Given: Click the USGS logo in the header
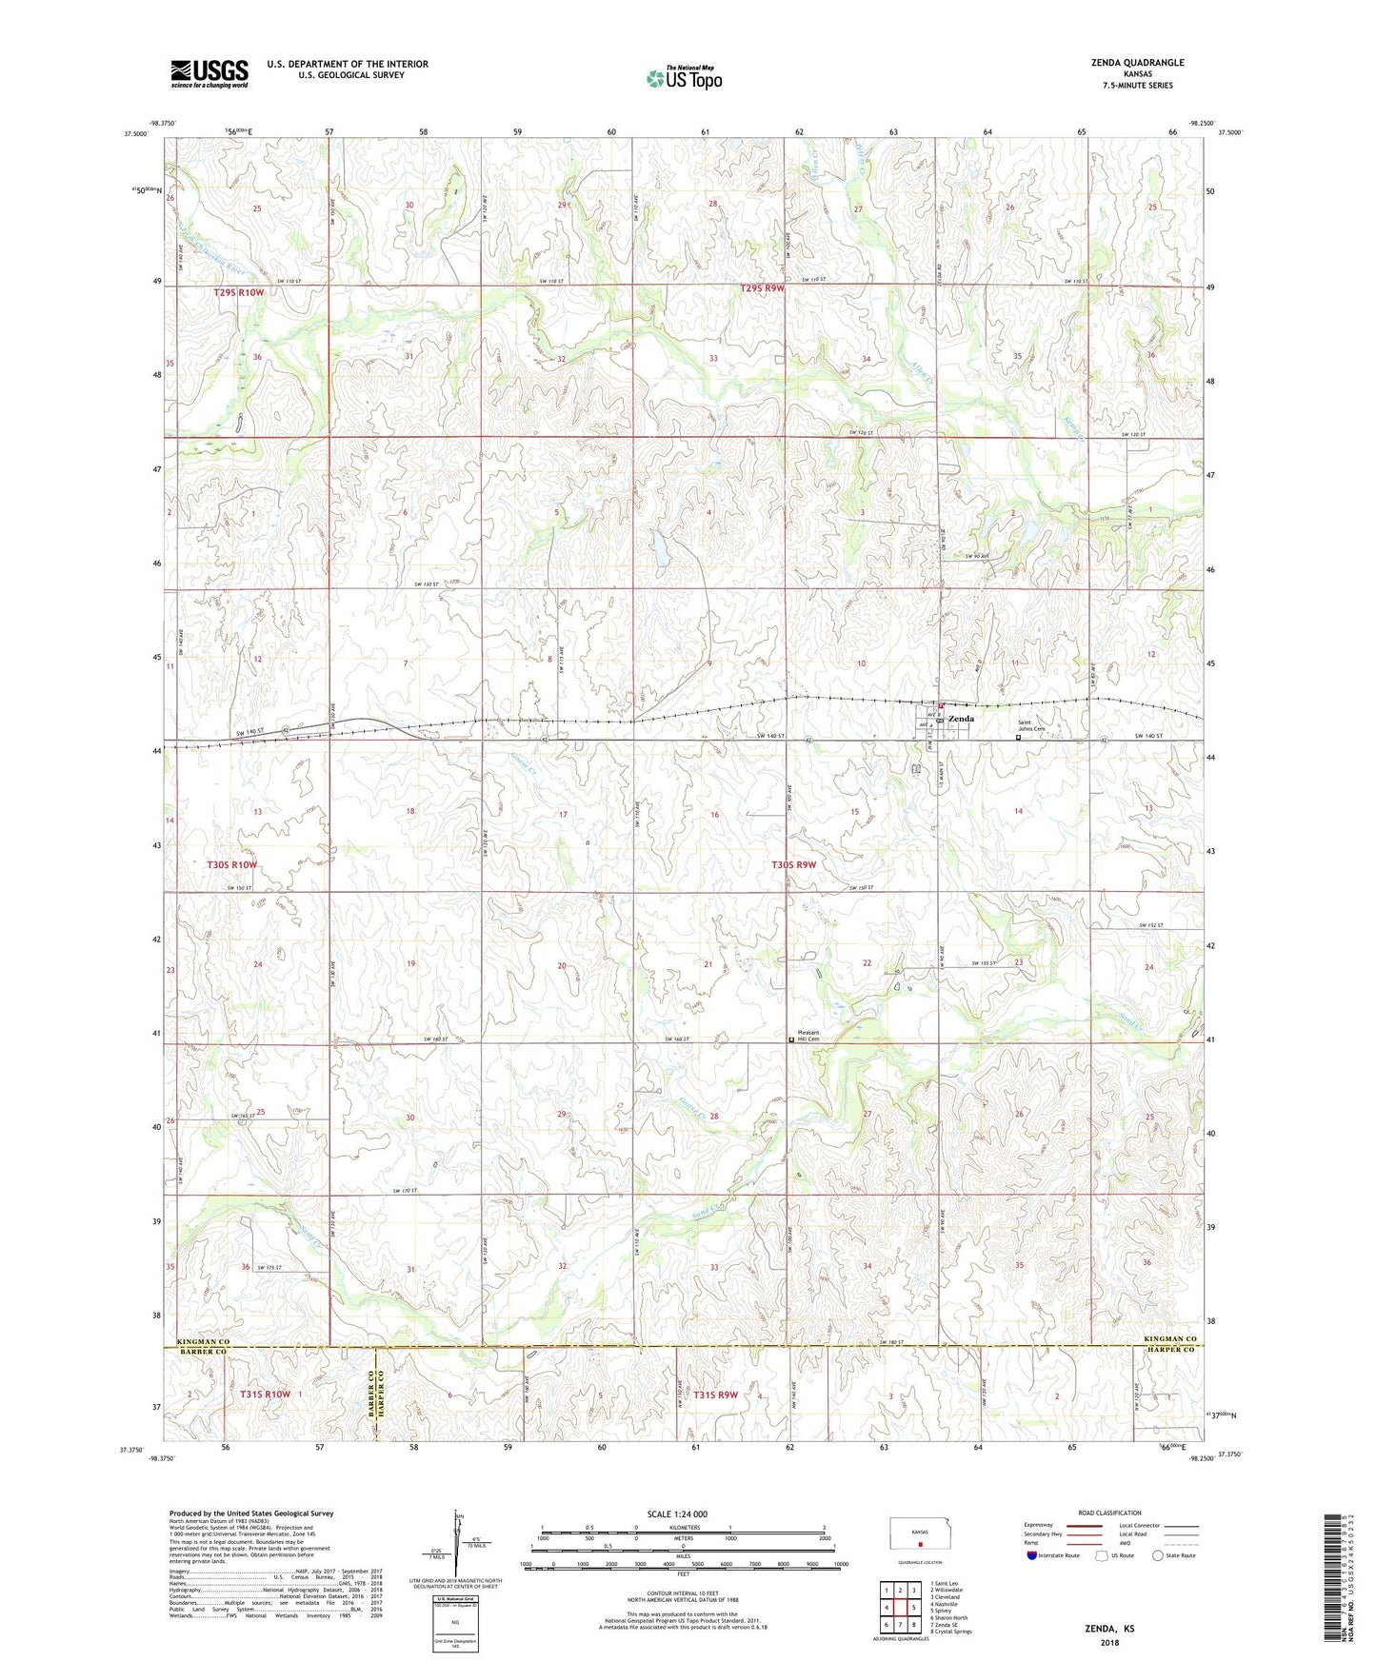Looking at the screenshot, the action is coord(209,73).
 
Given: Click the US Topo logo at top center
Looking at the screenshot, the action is coord(684,78).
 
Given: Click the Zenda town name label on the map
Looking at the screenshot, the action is coord(961,719).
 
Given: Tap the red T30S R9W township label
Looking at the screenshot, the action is coord(793,864).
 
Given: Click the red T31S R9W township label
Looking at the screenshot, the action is coord(715,1395).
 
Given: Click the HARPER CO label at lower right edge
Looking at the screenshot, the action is coord(1170,1350).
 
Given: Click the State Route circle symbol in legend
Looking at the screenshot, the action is coord(1158,1555).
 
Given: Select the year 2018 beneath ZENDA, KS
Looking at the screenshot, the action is coord(1109,1643).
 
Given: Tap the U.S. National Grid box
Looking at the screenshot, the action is coord(455,1624).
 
